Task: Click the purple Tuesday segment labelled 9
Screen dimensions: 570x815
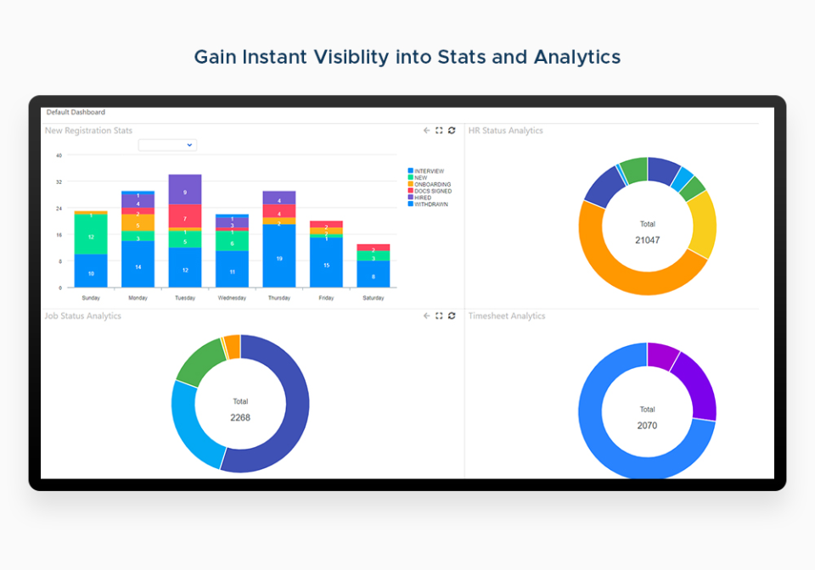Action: [x=185, y=189]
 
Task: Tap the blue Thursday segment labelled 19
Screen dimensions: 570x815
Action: [x=279, y=257]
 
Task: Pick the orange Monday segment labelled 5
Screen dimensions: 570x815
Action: [x=138, y=225]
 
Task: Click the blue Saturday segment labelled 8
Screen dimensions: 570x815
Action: [x=374, y=275]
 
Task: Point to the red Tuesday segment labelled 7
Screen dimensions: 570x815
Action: [x=185, y=217]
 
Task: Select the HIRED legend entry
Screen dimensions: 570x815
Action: [x=422, y=198]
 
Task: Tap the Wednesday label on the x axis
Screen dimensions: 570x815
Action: [x=232, y=298]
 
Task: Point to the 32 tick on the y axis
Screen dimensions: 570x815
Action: [x=59, y=182]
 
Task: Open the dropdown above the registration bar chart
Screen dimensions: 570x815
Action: [x=167, y=145]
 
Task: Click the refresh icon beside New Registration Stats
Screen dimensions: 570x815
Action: [x=452, y=131]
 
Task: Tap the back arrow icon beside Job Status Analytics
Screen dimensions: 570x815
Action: [x=426, y=316]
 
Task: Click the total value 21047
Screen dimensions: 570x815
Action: [x=647, y=240]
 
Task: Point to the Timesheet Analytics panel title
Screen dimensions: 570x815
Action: [x=507, y=316]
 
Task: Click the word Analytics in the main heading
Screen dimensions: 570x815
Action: [x=576, y=57]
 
